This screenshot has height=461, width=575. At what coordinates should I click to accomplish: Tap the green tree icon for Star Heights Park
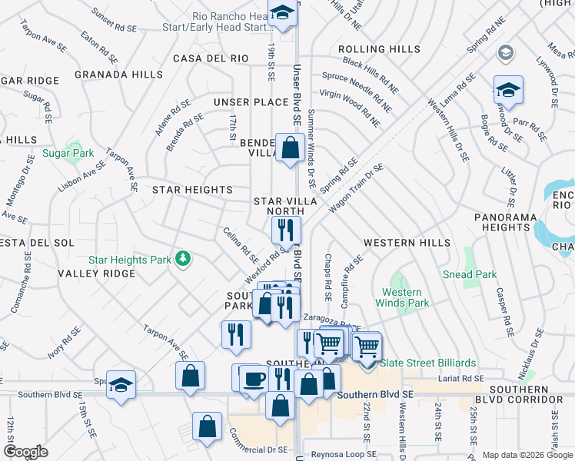[183, 259]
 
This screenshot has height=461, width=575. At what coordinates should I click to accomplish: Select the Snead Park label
[470, 274]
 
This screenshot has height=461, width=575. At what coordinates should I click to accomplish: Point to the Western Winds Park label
[402, 297]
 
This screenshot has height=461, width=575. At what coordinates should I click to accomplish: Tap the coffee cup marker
[254, 379]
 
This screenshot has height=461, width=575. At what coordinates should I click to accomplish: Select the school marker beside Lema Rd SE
[507, 91]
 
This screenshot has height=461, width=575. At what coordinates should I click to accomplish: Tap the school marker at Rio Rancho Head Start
[282, 13]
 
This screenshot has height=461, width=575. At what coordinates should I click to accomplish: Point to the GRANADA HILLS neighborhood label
[118, 75]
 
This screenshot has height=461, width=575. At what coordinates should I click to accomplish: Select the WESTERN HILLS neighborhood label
[407, 243]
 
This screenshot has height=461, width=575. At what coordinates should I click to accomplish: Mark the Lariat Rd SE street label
[458, 378]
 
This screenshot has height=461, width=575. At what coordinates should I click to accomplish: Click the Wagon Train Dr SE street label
[356, 189]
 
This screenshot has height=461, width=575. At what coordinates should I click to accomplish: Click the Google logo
[25, 452]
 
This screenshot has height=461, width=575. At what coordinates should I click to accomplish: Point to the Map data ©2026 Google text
[527, 455]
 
